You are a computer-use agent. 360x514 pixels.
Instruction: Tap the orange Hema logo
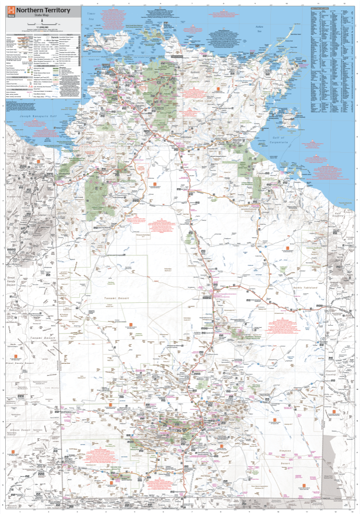click(x=10, y=12)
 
